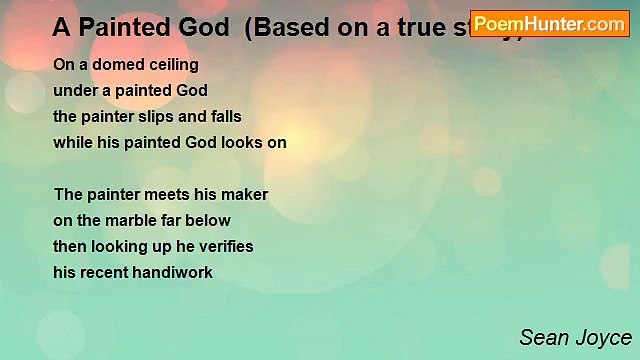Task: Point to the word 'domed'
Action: point(105,65)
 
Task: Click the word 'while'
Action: point(73,143)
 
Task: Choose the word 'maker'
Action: point(245,195)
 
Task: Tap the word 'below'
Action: point(209,221)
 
